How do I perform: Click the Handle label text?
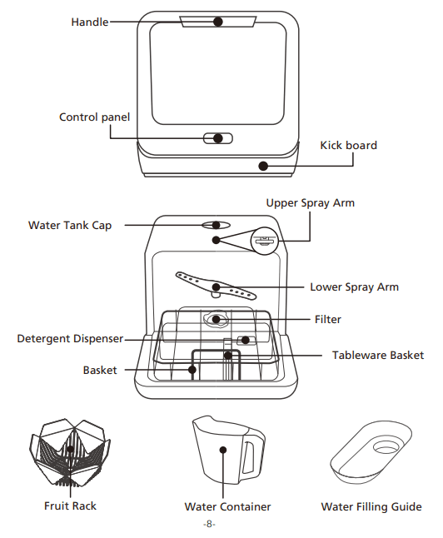[x=90, y=22]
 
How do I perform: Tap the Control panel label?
[x=94, y=117]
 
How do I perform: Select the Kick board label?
[x=348, y=145]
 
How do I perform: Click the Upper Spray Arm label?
[x=310, y=203]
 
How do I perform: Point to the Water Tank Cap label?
[x=70, y=225]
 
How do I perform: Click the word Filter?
[x=328, y=319]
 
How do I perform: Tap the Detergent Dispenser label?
[x=71, y=339]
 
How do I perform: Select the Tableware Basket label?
[x=378, y=355]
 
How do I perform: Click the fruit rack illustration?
[x=70, y=454]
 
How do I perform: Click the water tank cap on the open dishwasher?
[x=216, y=225]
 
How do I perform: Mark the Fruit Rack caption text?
[x=70, y=506]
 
